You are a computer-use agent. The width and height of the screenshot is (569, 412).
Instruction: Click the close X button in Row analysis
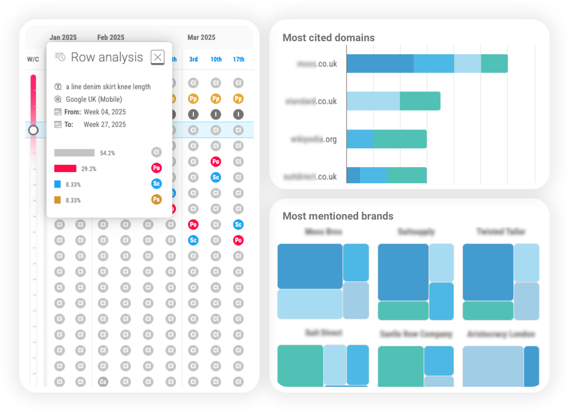(158, 57)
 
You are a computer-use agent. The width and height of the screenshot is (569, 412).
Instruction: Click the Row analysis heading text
(107, 57)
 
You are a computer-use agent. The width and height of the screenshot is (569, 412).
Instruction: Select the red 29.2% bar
(65, 169)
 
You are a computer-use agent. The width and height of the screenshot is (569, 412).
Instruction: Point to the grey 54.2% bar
(74, 153)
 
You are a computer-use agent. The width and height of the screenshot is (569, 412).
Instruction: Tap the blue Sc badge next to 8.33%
(156, 184)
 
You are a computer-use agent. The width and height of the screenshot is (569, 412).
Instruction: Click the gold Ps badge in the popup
(156, 199)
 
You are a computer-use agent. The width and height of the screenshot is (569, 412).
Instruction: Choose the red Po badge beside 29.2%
(156, 168)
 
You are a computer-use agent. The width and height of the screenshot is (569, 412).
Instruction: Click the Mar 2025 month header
(201, 37)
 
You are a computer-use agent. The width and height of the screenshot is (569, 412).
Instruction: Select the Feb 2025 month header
(111, 37)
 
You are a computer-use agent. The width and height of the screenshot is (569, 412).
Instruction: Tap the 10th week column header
(216, 59)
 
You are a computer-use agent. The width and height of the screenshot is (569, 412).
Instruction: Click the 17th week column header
(238, 59)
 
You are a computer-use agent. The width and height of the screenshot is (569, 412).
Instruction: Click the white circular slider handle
(33, 130)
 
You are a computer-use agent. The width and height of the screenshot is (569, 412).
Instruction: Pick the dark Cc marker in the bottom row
(103, 381)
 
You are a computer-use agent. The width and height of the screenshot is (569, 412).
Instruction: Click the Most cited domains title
(329, 38)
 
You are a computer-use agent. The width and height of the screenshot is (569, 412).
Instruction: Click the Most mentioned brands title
(338, 216)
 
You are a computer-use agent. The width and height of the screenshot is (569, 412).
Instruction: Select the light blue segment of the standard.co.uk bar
(373, 101)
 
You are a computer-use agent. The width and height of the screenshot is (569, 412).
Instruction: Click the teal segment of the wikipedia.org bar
(400, 139)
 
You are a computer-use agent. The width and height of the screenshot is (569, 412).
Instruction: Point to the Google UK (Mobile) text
(94, 99)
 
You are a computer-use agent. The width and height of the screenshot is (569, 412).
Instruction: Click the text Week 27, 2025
(105, 125)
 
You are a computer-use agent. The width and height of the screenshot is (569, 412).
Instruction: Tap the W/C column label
(33, 59)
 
